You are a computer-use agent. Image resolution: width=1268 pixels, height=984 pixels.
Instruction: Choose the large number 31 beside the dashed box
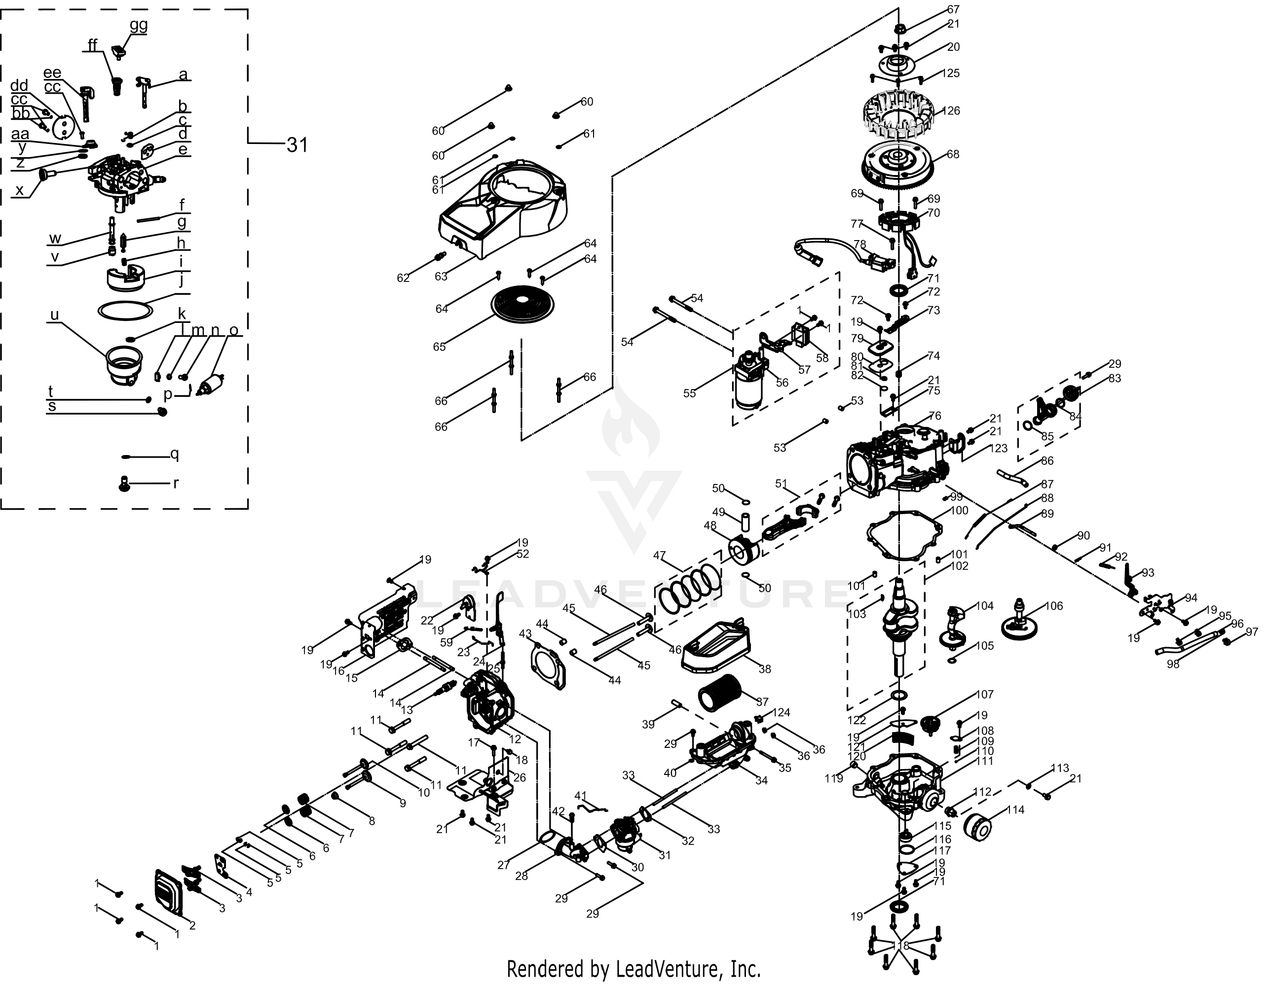pyautogui.click(x=297, y=144)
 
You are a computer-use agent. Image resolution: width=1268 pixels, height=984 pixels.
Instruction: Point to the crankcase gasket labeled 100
pyautogui.click(x=904, y=535)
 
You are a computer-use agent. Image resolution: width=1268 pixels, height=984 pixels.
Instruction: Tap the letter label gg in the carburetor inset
pyautogui.click(x=138, y=25)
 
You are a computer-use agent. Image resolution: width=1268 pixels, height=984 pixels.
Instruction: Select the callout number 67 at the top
pyautogui.click(x=953, y=9)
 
